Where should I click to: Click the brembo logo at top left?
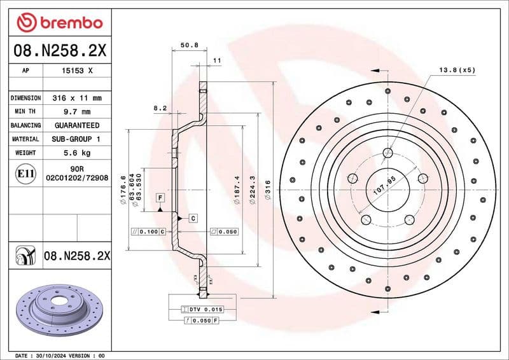point(59,22)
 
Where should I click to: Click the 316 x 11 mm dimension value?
point(77,99)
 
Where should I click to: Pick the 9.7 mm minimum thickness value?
point(77,112)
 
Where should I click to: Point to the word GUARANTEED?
point(77,125)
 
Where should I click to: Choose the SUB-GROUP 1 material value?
point(77,139)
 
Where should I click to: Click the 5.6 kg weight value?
point(77,153)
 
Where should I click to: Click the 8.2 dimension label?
point(160,109)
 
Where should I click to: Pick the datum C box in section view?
point(192,218)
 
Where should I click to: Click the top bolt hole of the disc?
point(388,152)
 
